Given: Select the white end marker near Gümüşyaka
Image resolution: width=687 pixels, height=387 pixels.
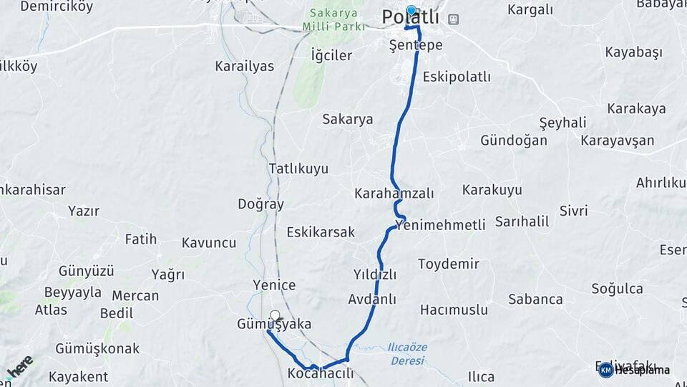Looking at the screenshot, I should coord(276,315).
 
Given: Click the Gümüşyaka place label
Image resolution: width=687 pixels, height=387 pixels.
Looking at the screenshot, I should coord(274,325).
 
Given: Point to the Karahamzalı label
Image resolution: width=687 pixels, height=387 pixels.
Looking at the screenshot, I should coord(394,193).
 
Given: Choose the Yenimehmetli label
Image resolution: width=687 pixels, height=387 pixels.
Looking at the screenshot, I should coord(440,225).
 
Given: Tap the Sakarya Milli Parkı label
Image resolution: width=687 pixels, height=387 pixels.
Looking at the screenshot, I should coord(336,20).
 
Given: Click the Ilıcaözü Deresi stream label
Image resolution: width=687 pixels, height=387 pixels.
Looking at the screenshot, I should coord(407,353).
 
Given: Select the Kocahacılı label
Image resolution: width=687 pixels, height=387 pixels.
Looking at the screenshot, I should coord(321,373).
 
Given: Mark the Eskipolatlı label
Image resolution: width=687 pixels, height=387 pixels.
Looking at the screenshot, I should coord(457,77).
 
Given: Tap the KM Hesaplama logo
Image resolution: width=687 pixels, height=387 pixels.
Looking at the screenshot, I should coord(634,370).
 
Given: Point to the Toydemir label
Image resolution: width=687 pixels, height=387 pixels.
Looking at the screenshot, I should coord(449,264).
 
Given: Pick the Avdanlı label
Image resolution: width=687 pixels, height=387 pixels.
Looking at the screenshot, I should coord(372,299).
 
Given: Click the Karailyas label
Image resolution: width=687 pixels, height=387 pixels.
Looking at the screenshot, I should coord(244,66).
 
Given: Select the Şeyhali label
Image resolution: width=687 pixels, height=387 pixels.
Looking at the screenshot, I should coord(562,123).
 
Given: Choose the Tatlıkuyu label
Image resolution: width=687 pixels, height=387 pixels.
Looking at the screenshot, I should coord(298,168).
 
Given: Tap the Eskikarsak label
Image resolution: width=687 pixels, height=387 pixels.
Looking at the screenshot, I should coord(321,232).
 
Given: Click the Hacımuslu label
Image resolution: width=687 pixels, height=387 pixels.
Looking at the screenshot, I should coord(454,310).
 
